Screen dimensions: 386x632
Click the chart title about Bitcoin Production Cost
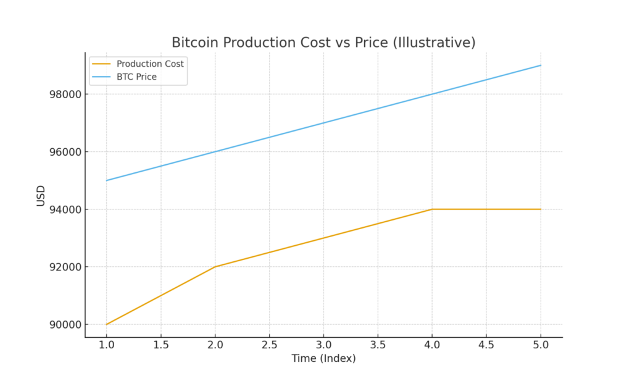[x=323, y=43]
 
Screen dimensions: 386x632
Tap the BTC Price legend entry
[x=136, y=77]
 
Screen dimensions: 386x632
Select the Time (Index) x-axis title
[x=323, y=358]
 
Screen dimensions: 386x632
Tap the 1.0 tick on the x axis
[x=107, y=344]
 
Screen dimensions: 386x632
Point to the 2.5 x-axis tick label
[x=269, y=344]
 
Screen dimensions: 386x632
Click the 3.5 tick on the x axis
[x=378, y=344]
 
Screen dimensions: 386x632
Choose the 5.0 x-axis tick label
[x=541, y=344]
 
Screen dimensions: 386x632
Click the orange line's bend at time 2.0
[x=215, y=267]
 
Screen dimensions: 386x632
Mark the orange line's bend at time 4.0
[x=432, y=209]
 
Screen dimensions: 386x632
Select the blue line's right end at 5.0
[x=541, y=65]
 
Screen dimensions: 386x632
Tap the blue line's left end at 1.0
[x=107, y=180]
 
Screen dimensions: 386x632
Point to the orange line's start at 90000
[x=107, y=324]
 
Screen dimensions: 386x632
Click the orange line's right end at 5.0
[x=541, y=209]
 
